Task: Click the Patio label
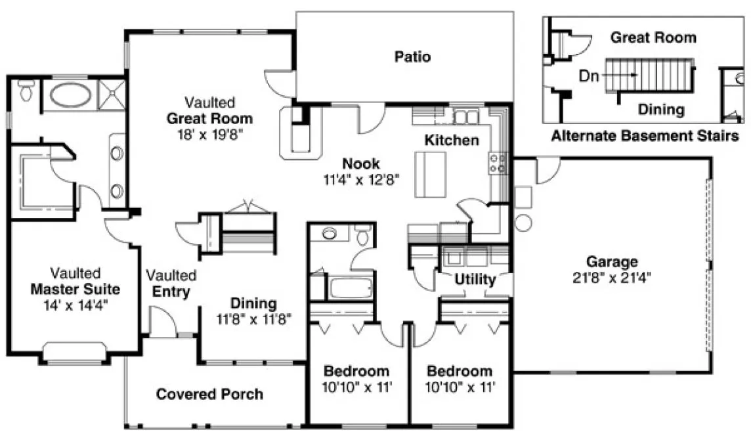[x=412, y=56]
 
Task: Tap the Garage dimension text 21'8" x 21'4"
[x=612, y=276]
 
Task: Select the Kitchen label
[x=451, y=140]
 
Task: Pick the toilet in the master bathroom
[x=26, y=90]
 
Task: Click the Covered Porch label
[x=209, y=394]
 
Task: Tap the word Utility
[x=475, y=280]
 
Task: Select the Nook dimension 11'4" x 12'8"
[x=360, y=178]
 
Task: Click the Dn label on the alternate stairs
[x=588, y=76]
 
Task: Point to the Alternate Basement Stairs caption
[x=645, y=136]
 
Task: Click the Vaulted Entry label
[x=171, y=283]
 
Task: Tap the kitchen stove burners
[x=497, y=163]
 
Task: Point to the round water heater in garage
[x=523, y=222]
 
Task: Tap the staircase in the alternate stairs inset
[x=649, y=76]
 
